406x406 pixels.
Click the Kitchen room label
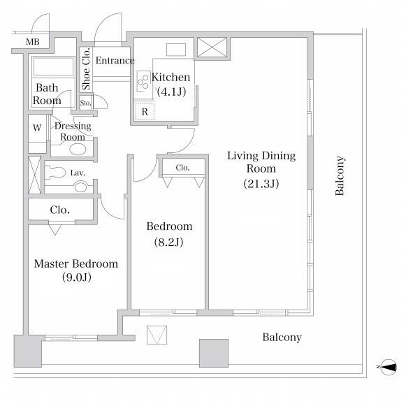(x=171, y=77)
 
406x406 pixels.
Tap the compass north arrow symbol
(x=389, y=367)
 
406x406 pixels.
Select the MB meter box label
(x=33, y=42)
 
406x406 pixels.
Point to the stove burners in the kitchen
(x=143, y=81)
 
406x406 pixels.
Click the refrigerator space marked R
(x=145, y=112)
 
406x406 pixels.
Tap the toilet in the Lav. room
(x=55, y=173)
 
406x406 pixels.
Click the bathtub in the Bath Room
(x=53, y=66)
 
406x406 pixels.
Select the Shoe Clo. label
(x=86, y=69)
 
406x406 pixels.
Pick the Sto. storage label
(x=85, y=103)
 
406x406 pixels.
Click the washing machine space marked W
(x=37, y=128)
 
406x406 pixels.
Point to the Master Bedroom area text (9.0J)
(x=77, y=277)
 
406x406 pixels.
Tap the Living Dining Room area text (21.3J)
(x=261, y=184)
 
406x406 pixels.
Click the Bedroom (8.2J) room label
(x=169, y=234)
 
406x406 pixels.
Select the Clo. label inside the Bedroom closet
(x=182, y=168)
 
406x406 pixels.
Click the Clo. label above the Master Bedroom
(x=60, y=210)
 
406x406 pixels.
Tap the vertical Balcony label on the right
(x=340, y=175)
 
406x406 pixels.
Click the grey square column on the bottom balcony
(x=214, y=353)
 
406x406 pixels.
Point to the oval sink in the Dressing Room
(x=78, y=150)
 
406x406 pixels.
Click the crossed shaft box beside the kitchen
(x=212, y=47)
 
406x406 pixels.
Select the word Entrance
(x=115, y=60)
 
